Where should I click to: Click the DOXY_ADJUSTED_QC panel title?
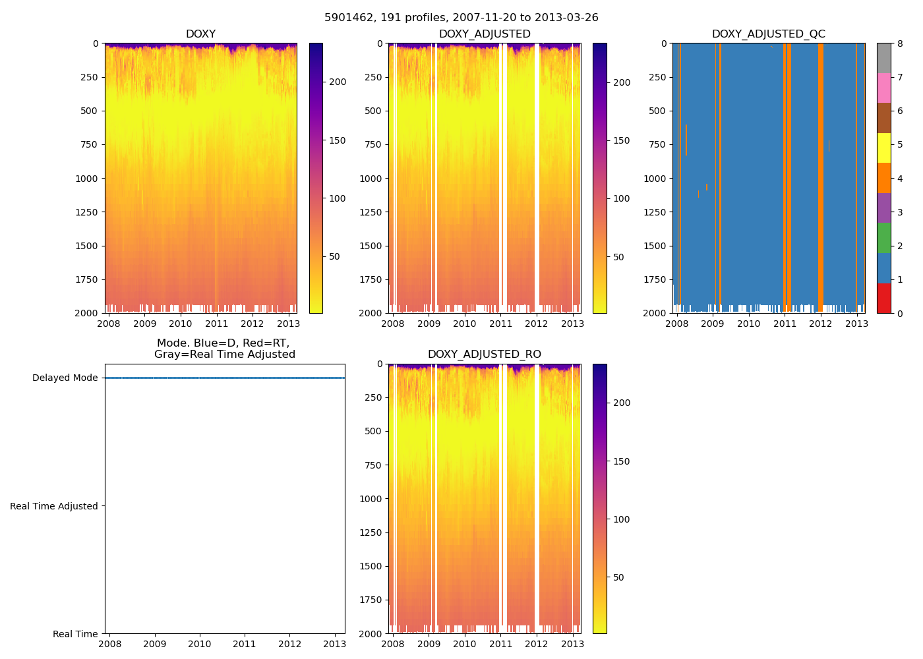coord(768,34)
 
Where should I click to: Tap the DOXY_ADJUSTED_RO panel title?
coord(484,355)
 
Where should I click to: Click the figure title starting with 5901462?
coord(461,18)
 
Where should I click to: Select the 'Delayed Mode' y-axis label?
coord(65,378)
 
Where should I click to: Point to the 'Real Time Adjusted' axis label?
coord(54,506)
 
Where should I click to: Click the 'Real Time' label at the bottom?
coord(75,634)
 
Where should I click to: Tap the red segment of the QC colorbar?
coord(883,298)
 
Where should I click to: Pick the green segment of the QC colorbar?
coord(883,238)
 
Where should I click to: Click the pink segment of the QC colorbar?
coord(883,88)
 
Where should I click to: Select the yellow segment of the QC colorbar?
coord(883,148)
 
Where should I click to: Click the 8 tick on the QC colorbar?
coord(899,43)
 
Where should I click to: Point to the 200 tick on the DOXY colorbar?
coord(338,82)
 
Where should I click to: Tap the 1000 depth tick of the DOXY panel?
coord(88,179)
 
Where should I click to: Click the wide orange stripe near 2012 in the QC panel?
coord(821,178)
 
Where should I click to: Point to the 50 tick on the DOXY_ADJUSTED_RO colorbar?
coord(618,578)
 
